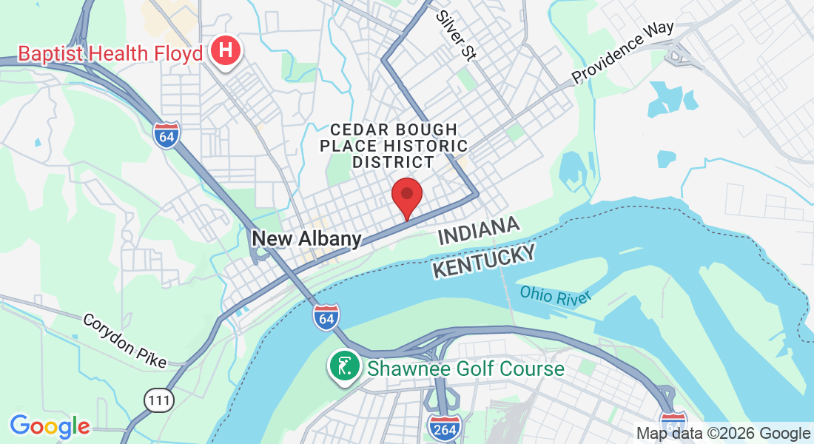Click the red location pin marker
406,195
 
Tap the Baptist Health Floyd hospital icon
226,52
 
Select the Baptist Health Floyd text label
110,53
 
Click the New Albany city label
306,238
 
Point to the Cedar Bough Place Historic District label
394,146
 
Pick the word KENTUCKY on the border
484,261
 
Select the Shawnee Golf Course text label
466,369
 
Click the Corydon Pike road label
124,340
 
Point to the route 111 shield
158,401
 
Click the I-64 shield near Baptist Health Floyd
166,135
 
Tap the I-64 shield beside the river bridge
326,317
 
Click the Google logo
50,426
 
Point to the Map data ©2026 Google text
724,433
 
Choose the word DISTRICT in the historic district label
394,162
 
